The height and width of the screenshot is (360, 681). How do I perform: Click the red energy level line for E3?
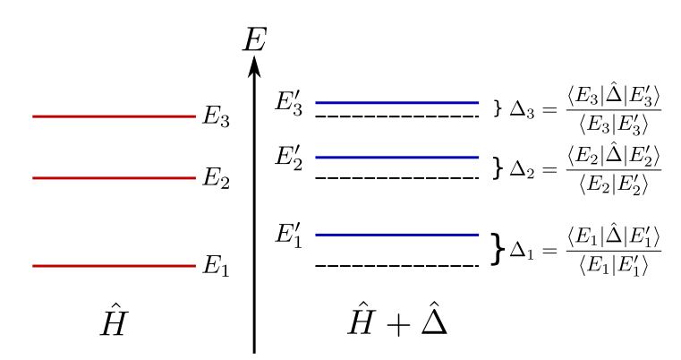coord(114,116)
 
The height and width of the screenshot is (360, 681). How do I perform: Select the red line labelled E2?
coord(114,177)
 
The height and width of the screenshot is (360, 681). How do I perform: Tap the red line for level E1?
coord(114,265)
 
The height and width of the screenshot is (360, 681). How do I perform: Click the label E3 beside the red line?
coord(217,118)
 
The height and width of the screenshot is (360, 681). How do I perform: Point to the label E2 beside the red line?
coord(217,179)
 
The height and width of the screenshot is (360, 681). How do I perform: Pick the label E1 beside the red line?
coord(217,267)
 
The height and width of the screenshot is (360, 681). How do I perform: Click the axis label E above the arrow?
coord(255,39)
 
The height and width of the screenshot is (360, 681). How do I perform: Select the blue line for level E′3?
coord(397,102)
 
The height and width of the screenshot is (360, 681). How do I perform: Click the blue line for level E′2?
coord(397,158)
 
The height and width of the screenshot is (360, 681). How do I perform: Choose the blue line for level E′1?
coord(397,235)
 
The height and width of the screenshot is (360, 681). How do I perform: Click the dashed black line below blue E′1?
coord(397,265)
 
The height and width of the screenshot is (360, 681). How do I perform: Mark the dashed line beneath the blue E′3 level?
coord(397,116)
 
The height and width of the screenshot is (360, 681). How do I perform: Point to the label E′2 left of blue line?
coord(289,159)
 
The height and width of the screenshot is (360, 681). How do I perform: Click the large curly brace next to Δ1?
coord(498,251)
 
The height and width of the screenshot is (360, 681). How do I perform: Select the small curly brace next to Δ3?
coord(498,109)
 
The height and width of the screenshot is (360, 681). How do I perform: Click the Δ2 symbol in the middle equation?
coord(522,168)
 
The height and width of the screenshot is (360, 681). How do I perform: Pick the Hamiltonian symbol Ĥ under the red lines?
coord(114,323)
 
